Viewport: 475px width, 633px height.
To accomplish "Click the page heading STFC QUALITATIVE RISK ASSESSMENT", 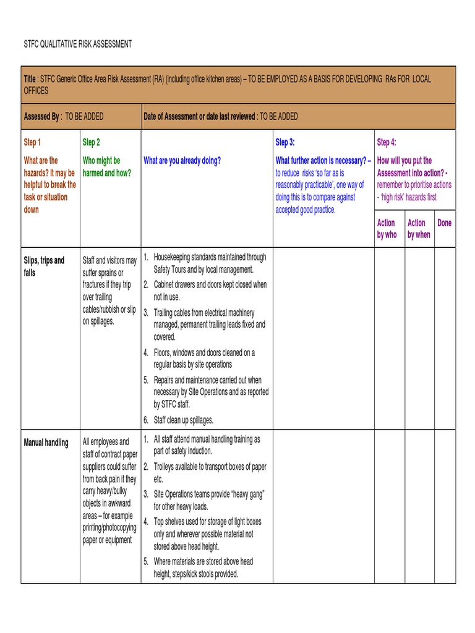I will coord(77,45).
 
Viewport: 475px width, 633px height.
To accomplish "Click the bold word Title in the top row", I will coord(30,79).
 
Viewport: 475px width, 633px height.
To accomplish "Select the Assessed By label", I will coord(41,116).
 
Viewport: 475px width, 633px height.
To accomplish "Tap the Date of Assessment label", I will coord(199,116).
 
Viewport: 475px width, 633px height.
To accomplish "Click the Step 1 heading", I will coord(32,143).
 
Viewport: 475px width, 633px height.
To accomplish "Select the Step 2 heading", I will coord(91,143).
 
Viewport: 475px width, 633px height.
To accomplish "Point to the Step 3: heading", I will coord(285,143).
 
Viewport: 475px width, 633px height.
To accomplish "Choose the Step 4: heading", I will coord(387,143).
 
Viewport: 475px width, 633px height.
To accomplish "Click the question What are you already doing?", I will coord(182,161).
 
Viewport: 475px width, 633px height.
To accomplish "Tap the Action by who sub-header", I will coord(387,229).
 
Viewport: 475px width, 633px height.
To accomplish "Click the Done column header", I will coord(444,223).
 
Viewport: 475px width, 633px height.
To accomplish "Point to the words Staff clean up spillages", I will coord(183,420).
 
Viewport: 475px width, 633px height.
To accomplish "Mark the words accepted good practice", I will coord(306,210).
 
